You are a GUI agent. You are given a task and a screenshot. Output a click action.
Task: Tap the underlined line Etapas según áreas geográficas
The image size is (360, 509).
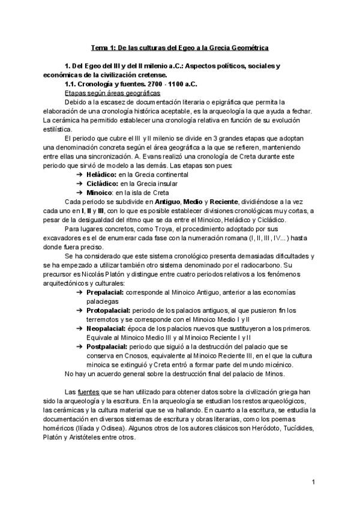click(x=112, y=94)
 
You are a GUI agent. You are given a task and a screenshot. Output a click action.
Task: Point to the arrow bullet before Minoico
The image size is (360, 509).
click(x=80, y=192)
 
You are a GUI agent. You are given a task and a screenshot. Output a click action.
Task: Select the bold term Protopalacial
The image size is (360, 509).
click(x=111, y=310)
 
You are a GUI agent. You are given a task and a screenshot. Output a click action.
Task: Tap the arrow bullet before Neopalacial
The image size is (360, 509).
click(x=80, y=329)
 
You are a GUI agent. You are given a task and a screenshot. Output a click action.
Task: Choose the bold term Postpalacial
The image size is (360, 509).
click(x=110, y=348)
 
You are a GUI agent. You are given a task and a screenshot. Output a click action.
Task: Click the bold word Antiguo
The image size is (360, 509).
click(x=164, y=201)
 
